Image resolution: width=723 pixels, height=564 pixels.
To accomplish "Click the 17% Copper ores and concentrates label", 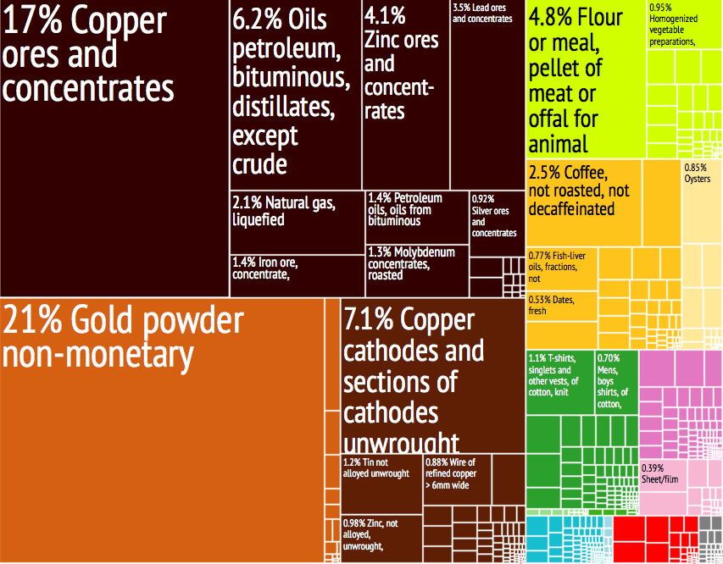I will [x=89, y=55].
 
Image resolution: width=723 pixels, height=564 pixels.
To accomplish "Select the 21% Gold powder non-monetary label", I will [x=123, y=338].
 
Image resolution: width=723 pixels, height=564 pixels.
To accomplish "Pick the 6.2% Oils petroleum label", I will [x=287, y=91].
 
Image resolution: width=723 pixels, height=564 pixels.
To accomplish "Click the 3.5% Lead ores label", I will [x=483, y=13].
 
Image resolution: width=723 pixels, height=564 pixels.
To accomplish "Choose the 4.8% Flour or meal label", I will [x=576, y=80].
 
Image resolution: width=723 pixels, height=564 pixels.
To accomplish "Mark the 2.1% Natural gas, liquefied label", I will [x=285, y=211].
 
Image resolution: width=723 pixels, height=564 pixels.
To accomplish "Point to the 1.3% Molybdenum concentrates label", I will [x=411, y=263].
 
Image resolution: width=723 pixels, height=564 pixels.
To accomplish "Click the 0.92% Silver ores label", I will [x=493, y=215].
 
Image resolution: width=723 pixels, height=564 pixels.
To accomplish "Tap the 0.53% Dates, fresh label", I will [x=549, y=305].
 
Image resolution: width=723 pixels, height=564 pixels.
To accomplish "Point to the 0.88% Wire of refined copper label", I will [x=450, y=474].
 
